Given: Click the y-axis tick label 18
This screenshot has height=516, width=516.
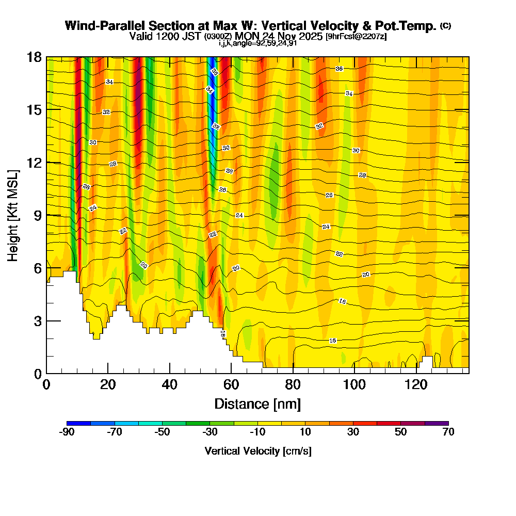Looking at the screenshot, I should pos(35,57).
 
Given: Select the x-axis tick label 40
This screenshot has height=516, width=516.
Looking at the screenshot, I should pos(169,384).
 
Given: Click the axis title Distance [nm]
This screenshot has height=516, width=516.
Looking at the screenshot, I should pos(257,403).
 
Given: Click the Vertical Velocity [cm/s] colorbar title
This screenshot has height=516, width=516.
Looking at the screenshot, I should pos(257,451).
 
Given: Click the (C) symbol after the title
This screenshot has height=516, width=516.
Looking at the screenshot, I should pos(445,26).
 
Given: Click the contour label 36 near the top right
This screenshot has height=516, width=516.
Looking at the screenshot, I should pos(339,69).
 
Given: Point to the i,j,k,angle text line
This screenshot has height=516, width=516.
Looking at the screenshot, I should pos(257,43).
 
